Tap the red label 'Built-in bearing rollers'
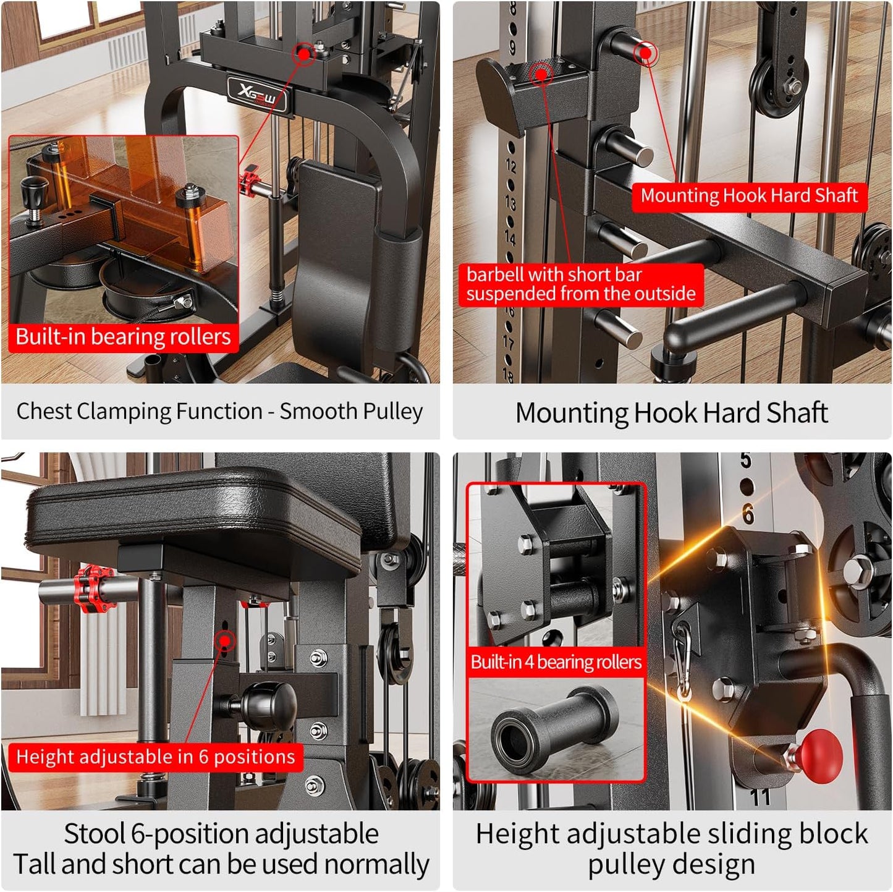point(123,337)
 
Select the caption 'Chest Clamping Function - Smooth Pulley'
point(219,411)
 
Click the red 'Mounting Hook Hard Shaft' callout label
point(749,196)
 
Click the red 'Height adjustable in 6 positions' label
point(155,757)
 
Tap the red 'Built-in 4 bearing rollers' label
point(556,662)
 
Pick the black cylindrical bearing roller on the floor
point(553,730)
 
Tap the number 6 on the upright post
point(748,514)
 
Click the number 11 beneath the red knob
point(760,797)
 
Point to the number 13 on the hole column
point(510,202)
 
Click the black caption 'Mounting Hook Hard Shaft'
point(672,412)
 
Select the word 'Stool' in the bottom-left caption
point(95,834)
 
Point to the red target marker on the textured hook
point(542,74)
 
